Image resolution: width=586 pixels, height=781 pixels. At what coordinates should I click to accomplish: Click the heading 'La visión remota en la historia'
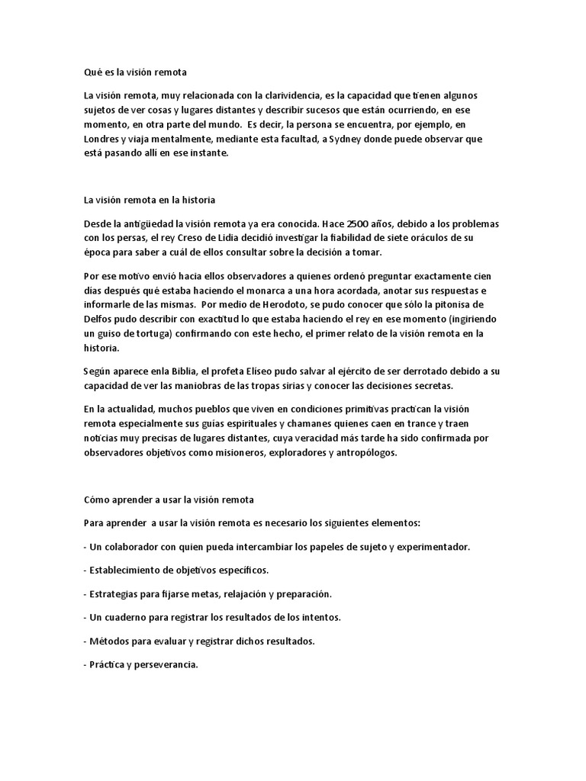pyautogui.click(x=150, y=201)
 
